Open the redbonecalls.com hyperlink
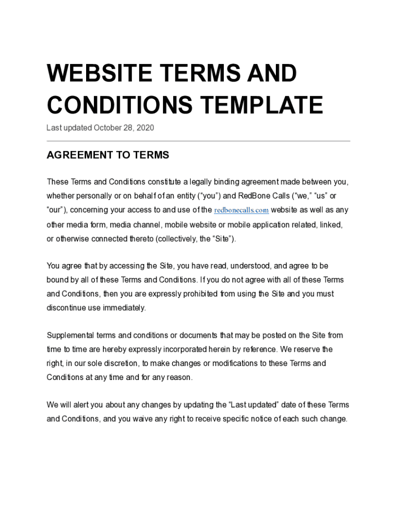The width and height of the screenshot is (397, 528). coord(241,210)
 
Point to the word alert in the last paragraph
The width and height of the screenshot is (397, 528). coord(80,405)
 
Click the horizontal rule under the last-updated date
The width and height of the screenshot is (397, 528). coord(198,141)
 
